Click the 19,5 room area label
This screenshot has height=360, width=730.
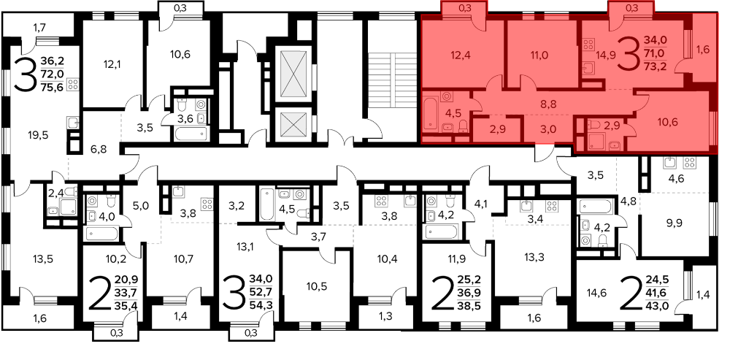[x=38, y=135]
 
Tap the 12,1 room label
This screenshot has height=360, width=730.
[x=112, y=64]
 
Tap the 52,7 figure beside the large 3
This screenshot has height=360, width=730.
[x=261, y=293]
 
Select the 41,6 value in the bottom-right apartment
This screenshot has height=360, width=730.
[x=658, y=293]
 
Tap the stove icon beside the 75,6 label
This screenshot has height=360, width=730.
[x=73, y=85]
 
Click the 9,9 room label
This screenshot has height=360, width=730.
[x=674, y=222]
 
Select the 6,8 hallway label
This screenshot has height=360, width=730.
[x=99, y=150]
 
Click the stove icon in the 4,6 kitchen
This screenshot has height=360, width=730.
[x=690, y=163]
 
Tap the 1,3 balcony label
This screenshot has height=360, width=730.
[x=385, y=316]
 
